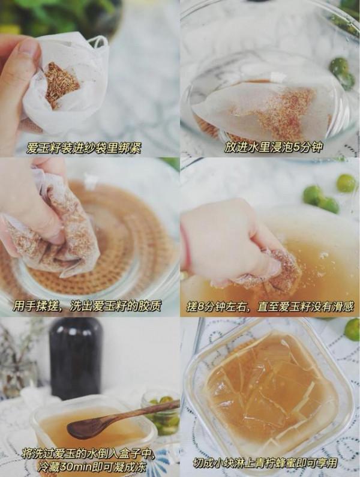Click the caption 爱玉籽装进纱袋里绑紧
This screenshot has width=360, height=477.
coord(83,149)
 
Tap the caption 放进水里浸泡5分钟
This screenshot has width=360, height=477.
coord(273,148)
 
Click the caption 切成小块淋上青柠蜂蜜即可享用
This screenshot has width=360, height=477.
coord(266,463)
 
